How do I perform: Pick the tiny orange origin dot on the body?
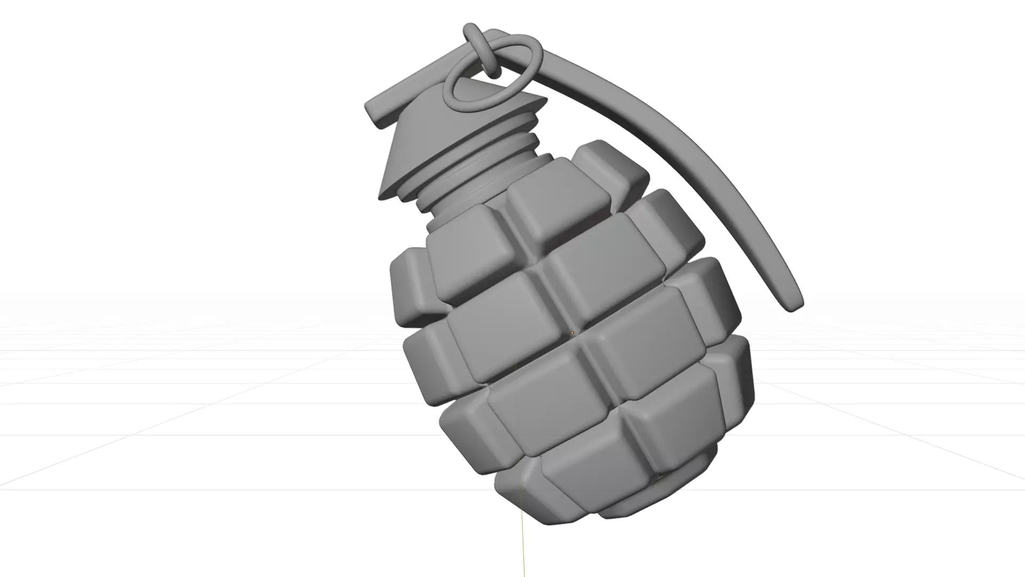(572, 333)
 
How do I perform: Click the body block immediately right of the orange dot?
(649, 337)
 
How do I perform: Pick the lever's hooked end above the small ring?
(470, 29)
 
